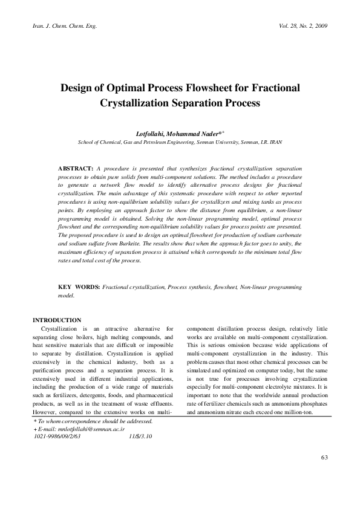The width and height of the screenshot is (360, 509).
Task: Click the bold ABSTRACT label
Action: (75, 166)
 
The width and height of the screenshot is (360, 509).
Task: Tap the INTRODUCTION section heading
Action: (57, 320)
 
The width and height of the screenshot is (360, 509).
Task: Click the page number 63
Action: (324, 473)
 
